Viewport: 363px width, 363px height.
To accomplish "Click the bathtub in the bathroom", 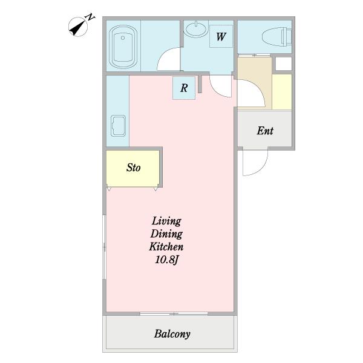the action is (123, 47).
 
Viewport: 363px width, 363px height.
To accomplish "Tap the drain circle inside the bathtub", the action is (123, 38).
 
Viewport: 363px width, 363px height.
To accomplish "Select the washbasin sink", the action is (197, 29).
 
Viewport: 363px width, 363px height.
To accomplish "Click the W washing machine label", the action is (221, 36).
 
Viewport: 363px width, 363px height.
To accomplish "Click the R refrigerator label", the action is (184, 88).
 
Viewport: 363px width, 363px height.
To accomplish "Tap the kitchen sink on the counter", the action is (119, 126).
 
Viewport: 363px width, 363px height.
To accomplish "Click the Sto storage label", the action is (133, 168).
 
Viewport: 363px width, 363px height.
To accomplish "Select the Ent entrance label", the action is (265, 131).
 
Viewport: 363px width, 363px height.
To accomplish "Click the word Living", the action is (166, 221).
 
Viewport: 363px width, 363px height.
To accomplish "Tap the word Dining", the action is (166, 234).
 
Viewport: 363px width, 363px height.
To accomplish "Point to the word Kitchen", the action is (166, 247).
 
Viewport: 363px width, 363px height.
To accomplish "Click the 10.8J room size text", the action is (166, 260).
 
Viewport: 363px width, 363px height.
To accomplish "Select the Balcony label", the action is (172, 334).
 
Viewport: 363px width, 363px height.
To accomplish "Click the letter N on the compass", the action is (90, 17).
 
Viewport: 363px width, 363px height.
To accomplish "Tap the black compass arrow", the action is (78, 28).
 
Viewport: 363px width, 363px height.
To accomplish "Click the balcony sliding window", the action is (174, 313).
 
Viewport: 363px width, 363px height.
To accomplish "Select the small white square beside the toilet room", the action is (284, 63).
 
